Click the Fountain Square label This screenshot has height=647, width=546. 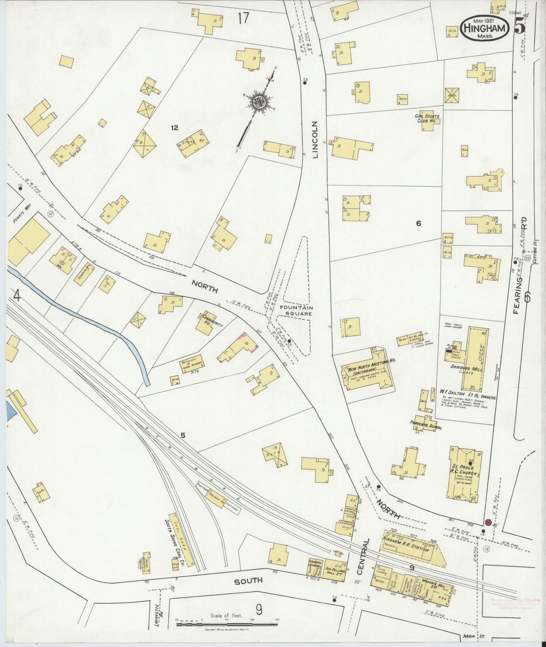296,310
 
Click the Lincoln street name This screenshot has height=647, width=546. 315,139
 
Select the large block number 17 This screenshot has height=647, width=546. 244,18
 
